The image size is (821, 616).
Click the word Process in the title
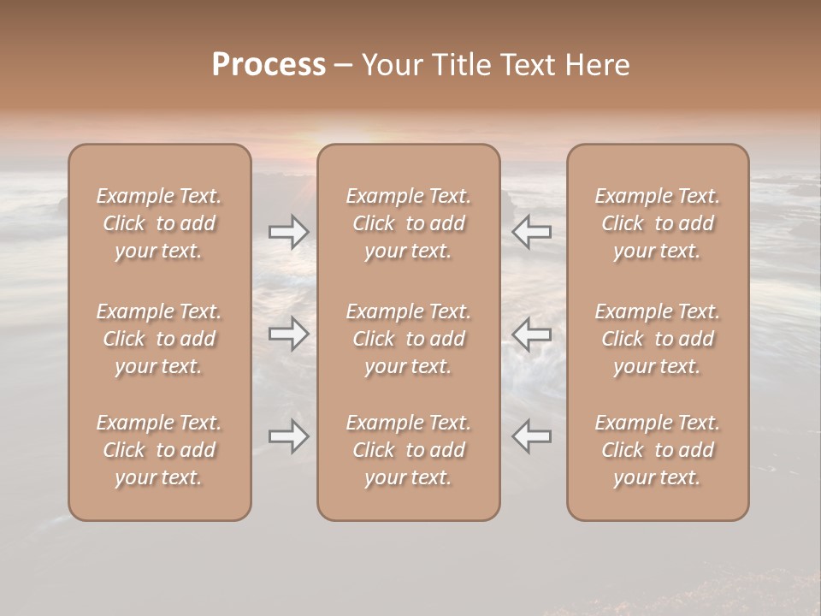[269, 65]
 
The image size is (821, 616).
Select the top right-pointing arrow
[289, 232]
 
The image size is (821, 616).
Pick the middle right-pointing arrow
[289, 334]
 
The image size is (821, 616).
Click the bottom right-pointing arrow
[289, 435]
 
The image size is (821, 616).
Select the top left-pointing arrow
[532, 232]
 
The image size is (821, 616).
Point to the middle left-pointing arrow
[532, 334]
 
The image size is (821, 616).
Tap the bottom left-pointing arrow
[532, 435]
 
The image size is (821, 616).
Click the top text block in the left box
[159, 223]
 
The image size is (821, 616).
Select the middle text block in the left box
[159, 339]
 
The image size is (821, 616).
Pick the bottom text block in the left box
[159, 450]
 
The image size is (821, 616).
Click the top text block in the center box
[409, 223]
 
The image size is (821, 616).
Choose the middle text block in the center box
[409, 339]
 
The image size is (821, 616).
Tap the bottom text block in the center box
[409, 450]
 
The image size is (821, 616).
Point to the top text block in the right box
[658, 223]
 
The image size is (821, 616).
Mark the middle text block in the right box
[658, 339]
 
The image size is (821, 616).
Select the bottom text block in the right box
[658, 450]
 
